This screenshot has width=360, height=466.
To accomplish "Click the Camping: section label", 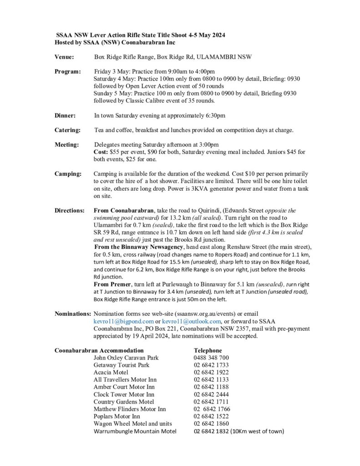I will tap(68, 174).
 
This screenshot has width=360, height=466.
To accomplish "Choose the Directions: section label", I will tap(70, 211).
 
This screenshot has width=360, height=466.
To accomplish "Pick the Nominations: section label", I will tap(72, 314).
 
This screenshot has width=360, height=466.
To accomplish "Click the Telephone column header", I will tap(208, 350).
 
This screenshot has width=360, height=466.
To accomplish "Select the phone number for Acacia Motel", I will tap(211, 372).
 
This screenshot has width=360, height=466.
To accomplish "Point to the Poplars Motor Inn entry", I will tap(117, 416).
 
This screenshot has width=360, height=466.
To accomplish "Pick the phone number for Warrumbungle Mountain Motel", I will tap(211, 431).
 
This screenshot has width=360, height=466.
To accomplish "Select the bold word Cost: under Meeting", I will tap(101, 152).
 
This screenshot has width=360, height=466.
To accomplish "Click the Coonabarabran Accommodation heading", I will tap(99, 350).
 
